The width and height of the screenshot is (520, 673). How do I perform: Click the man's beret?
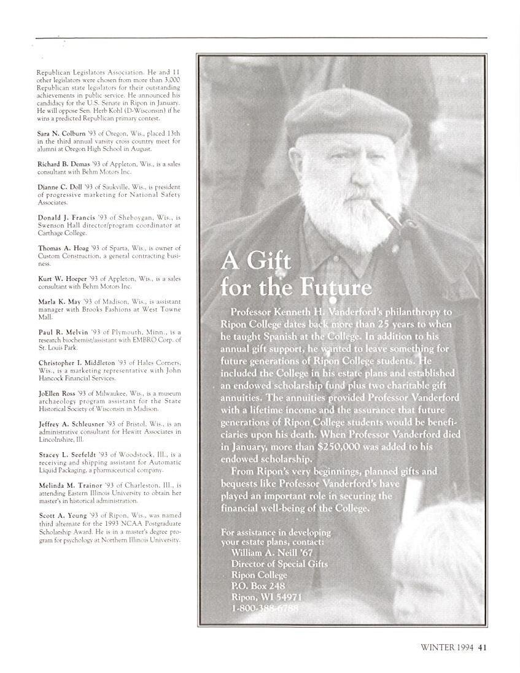click(x=347, y=117)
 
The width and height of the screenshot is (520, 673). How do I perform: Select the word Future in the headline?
click(x=335, y=288)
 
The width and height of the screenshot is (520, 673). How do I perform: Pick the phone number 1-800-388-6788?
click(x=265, y=608)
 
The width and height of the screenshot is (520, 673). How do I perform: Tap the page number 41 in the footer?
click(x=483, y=646)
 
